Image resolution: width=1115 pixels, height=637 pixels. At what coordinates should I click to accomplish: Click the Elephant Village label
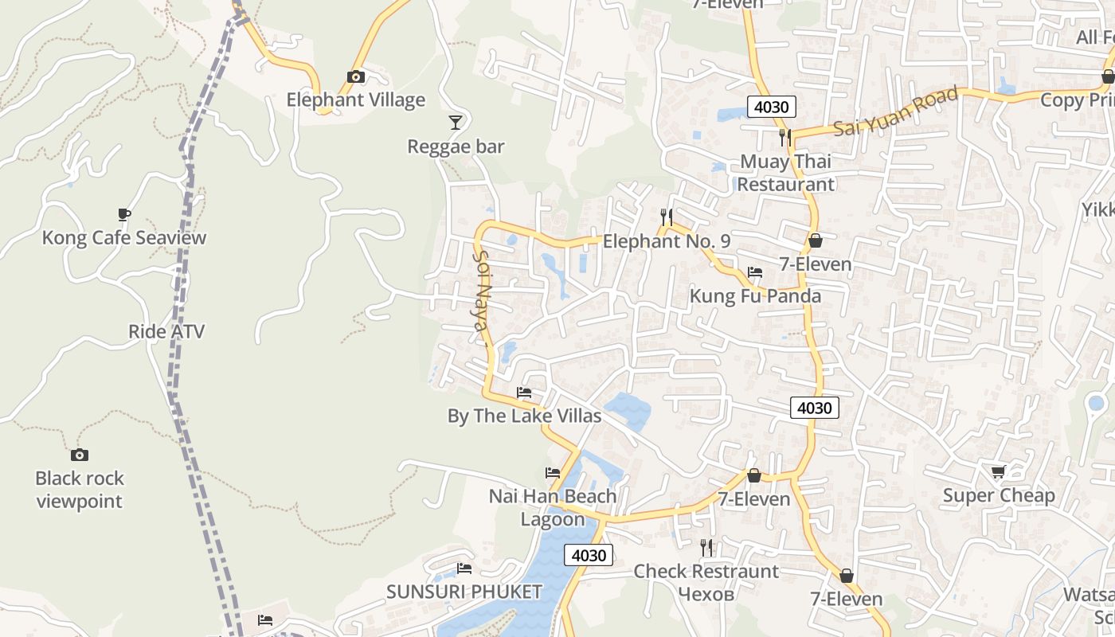tap(355, 100)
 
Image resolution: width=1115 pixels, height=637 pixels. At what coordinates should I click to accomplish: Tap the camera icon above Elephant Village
tap(356, 77)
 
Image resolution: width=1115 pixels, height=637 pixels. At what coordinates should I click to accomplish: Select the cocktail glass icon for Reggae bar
tap(455, 122)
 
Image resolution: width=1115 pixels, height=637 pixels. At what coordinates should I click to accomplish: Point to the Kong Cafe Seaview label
tap(124, 237)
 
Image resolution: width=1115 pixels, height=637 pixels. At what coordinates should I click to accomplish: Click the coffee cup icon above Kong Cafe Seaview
tap(123, 214)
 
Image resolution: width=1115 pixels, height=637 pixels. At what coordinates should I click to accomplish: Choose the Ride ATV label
tap(166, 331)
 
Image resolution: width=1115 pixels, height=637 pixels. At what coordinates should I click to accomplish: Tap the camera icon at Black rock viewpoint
tap(79, 455)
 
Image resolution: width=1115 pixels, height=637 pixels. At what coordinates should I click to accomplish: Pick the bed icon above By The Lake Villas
tap(523, 393)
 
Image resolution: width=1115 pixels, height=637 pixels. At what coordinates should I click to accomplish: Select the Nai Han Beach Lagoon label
tap(553, 507)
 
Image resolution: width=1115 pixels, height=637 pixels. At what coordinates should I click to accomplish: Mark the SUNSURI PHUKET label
tap(464, 592)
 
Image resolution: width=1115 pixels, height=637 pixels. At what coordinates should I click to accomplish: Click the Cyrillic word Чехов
tap(706, 594)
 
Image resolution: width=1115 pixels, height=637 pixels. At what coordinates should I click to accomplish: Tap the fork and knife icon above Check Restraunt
tap(706, 548)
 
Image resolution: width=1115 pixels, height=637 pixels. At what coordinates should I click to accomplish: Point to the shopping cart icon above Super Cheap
tap(998, 472)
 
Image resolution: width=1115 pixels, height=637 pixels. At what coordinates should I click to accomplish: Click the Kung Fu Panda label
tap(755, 296)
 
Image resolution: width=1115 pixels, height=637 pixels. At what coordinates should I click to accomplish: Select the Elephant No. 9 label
tap(667, 241)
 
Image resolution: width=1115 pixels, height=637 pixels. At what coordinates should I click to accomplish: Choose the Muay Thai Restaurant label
tap(785, 173)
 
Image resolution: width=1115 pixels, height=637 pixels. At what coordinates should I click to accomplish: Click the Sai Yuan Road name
tap(896, 111)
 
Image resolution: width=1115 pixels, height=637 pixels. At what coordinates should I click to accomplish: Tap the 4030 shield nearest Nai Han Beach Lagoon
tap(589, 555)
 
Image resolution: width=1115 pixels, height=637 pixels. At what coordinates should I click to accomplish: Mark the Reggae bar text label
tap(456, 147)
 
